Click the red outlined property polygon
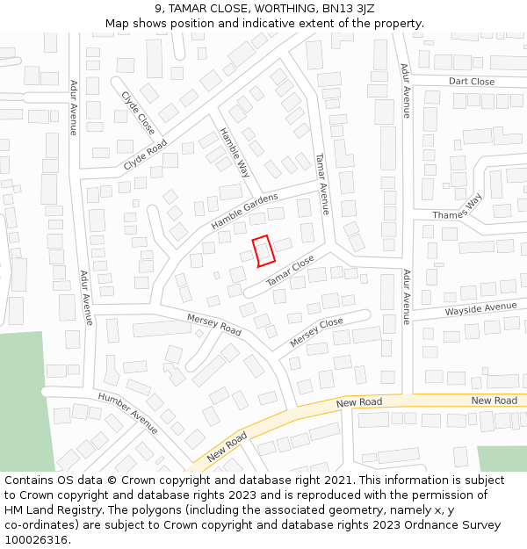tap(263, 251)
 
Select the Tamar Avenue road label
tap(322, 184)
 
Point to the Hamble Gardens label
tap(244, 211)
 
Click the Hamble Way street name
tap(235, 153)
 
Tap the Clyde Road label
tap(145, 155)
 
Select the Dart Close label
tap(472, 82)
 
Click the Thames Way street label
tap(458, 208)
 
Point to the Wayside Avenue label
tap(480, 308)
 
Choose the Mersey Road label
tap(214, 324)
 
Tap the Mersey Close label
tap(316, 332)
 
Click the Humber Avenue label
tap(128, 413)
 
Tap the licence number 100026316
tap(37, 540)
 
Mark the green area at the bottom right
tap(502, 459)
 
